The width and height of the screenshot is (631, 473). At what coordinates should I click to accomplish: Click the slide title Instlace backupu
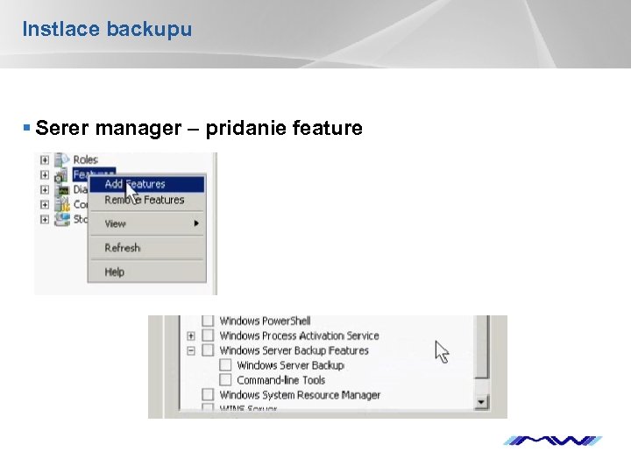point(107,30)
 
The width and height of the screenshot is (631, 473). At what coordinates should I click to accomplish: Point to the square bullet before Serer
point(27,129)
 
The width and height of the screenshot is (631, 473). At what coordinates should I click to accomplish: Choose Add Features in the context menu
point(135,184)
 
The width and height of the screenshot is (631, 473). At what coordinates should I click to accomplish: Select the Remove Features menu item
point(145,200)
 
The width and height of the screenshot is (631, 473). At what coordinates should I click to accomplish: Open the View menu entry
point(116,223)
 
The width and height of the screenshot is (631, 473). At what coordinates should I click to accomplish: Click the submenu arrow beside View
point(197,223)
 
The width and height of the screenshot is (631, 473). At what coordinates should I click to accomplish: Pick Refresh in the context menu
point(123,248)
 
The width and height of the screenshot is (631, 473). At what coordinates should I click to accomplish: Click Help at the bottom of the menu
point(115,272)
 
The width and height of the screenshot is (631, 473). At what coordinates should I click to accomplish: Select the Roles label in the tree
point(85,159)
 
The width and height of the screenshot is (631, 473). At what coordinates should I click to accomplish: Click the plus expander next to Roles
point(45,159)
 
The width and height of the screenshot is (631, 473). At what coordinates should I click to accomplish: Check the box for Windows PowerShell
point(208,321)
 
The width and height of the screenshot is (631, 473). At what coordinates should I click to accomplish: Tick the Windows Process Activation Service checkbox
point(208,335)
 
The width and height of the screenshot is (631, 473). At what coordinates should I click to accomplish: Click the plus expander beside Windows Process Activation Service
point(191,335)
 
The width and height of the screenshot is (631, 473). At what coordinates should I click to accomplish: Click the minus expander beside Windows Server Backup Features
point(191,350)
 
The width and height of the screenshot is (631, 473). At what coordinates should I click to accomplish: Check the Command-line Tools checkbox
point(225,380)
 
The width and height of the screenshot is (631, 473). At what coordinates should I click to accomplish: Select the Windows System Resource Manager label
point(300,395)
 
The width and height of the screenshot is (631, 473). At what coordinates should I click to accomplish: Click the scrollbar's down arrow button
point(481,402)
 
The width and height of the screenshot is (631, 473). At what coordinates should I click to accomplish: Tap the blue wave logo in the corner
point(553,441)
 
